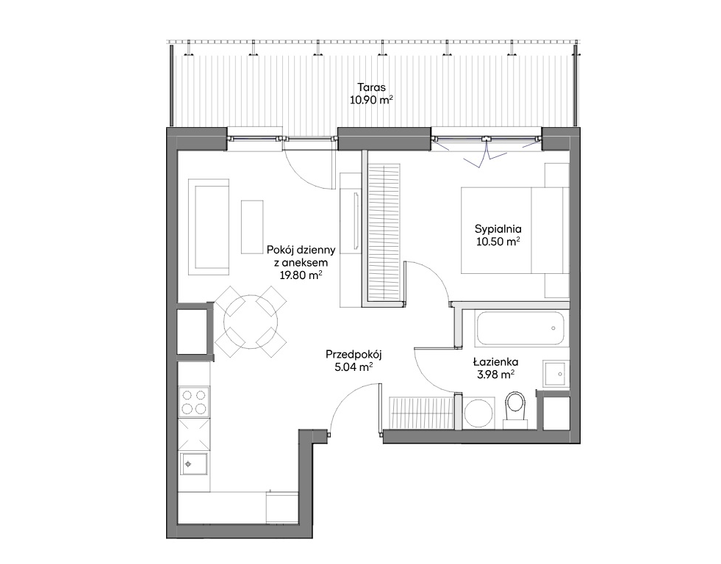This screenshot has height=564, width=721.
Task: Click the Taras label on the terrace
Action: click(x=372, y=87)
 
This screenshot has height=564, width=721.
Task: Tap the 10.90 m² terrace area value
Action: click(x=372, y=100)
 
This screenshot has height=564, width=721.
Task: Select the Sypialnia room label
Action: click(x=498, y=228)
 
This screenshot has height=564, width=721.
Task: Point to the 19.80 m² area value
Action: click(x=301, y=275)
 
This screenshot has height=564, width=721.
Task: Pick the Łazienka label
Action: click(x=495, y=362)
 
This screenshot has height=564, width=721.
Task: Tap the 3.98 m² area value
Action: click(x=495, y=375)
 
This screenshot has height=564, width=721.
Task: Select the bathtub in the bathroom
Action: click(x=520, y=328)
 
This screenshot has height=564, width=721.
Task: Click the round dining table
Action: click(x=251, y=322)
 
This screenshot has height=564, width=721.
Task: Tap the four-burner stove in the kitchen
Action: click(x=194, y=402)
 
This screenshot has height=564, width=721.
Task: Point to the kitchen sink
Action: click(x=193, y=464)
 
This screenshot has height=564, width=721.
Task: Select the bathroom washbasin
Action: click(x=555, y=374)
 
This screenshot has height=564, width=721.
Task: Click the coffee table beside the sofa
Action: click(x=252, y=227)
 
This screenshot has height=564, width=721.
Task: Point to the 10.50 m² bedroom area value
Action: click(x=498, y=242)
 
